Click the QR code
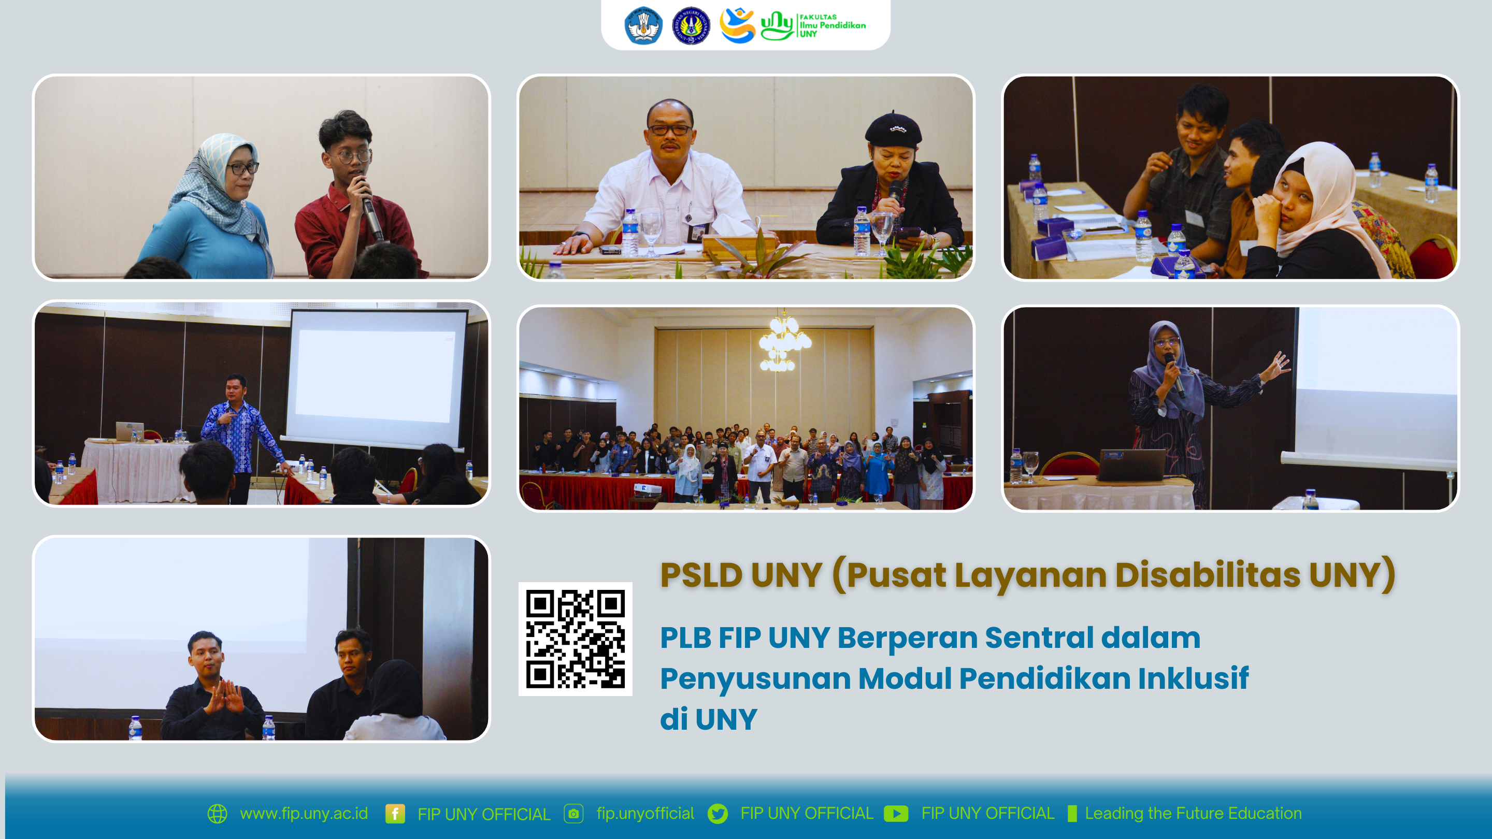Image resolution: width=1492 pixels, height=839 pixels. [575, 639]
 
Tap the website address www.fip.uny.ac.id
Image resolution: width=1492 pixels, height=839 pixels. [304, 814]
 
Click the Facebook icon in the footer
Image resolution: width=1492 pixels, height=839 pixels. [395, 814]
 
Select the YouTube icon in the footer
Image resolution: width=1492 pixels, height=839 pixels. [896, 814]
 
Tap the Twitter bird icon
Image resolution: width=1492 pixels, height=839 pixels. [718, 814]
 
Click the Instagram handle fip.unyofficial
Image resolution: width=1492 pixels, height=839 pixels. [645, 814]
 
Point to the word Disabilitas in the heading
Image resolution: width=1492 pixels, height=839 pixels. [1208, 574]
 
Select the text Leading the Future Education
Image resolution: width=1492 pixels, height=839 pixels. [1193, 814]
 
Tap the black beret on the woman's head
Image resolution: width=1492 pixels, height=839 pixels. [893, 128]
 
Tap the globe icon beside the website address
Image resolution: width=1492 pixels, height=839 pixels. [217, 814]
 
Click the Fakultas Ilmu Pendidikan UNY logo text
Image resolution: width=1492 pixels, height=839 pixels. [833, 25]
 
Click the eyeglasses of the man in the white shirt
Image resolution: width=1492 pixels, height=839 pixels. [669, 129]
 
